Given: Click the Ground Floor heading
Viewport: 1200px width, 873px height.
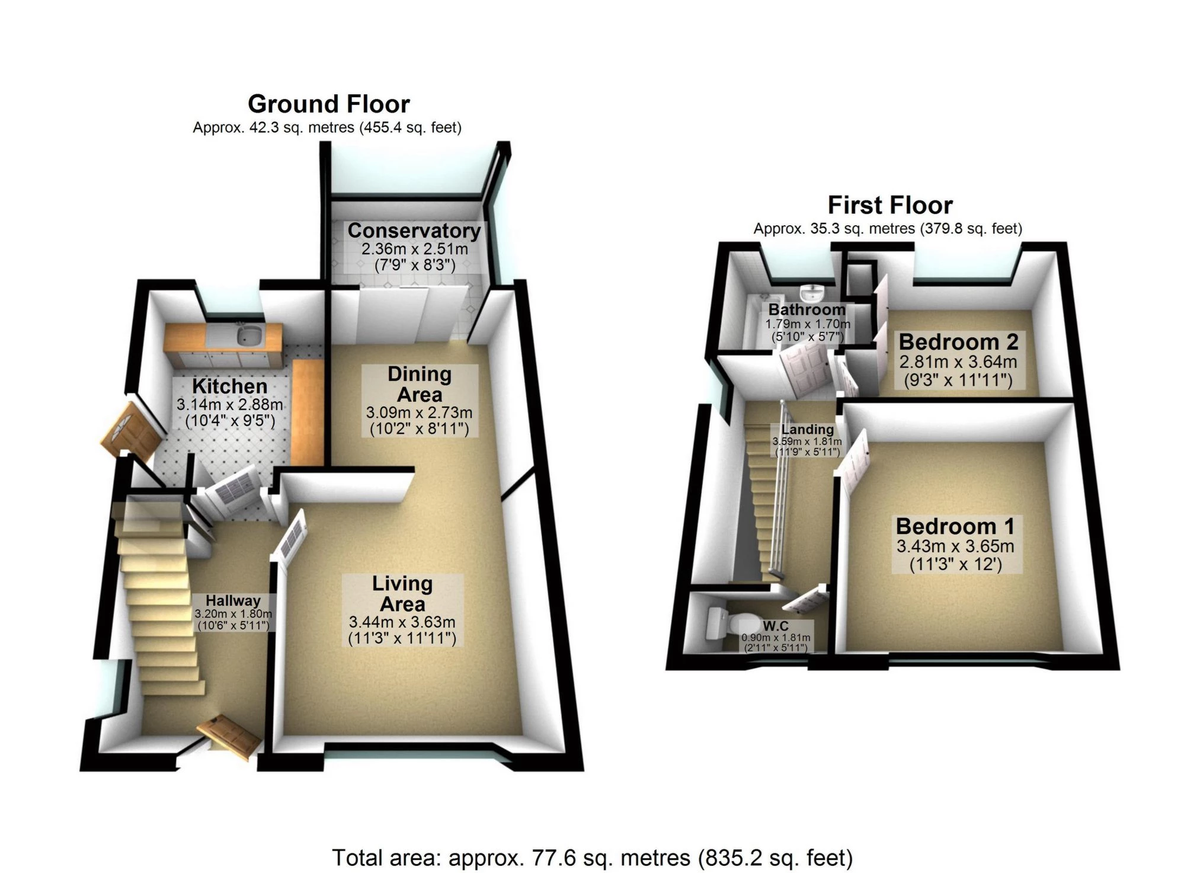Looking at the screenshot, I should point(328,104).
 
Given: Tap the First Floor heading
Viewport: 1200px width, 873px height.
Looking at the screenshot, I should point(889,206).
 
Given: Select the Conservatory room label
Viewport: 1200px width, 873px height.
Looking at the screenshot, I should point(414,231).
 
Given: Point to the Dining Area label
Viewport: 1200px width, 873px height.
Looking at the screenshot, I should point(420,384).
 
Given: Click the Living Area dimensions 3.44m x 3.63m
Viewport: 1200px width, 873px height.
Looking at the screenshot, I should point(402,622).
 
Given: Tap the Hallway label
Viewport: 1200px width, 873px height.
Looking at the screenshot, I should point(233,601).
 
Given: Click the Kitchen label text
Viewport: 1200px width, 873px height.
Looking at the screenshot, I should point(230,386).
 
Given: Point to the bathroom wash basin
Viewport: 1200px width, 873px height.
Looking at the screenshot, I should point(811,293).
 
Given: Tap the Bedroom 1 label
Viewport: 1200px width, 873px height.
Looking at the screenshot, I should point(955,526).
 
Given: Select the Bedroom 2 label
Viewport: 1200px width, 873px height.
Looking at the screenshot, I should point(958,342).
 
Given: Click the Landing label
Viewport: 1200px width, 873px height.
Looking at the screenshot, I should point(807,430).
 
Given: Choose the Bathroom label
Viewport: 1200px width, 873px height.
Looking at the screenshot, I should point(807,309).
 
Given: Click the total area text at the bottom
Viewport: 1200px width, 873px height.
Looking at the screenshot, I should point(592,858).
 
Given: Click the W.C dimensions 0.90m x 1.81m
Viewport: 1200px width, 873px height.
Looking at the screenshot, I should point(776,638).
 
